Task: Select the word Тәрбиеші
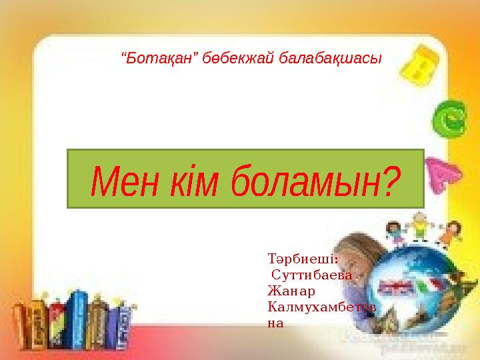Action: click(299, 257)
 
